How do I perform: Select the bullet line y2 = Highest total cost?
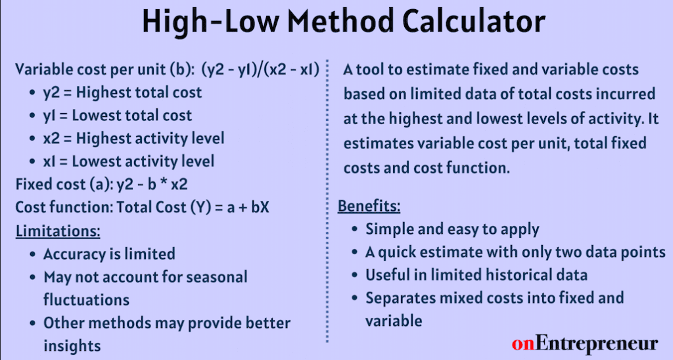122,93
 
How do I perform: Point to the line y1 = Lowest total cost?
118,116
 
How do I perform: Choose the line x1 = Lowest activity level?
128,162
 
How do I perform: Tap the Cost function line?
143,208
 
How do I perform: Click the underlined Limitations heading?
58,231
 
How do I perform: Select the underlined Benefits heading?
369,206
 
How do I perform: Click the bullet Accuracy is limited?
109,254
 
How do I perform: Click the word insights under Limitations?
72,346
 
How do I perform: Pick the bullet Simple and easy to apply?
452,229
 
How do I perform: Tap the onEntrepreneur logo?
584,344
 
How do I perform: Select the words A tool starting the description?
368,70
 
